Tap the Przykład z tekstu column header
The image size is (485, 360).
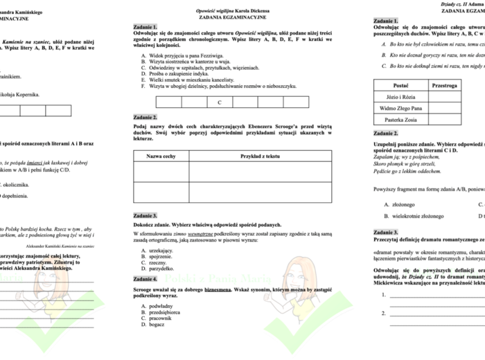260,156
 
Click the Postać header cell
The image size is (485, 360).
400,86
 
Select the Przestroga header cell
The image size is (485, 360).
444,86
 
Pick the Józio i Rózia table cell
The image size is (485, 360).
400,98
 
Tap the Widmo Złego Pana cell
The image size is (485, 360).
400,109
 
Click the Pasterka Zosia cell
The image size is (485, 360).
400,120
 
